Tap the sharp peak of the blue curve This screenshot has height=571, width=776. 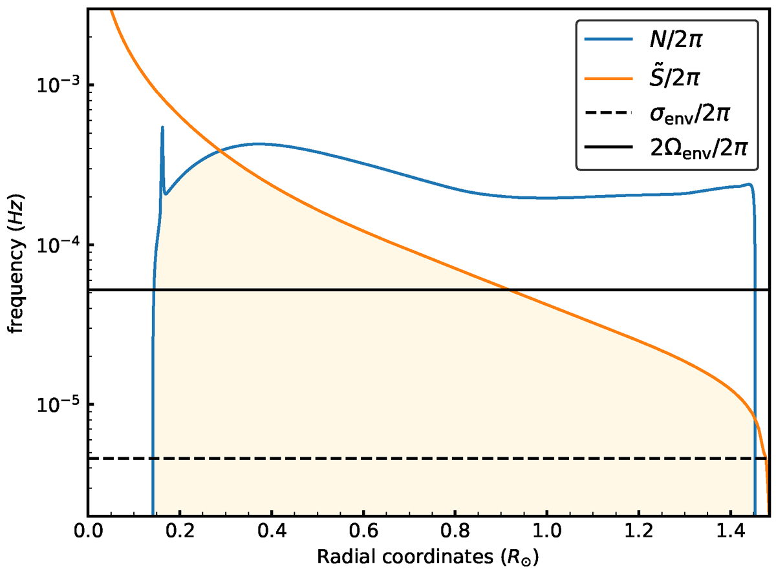[162, 127]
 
